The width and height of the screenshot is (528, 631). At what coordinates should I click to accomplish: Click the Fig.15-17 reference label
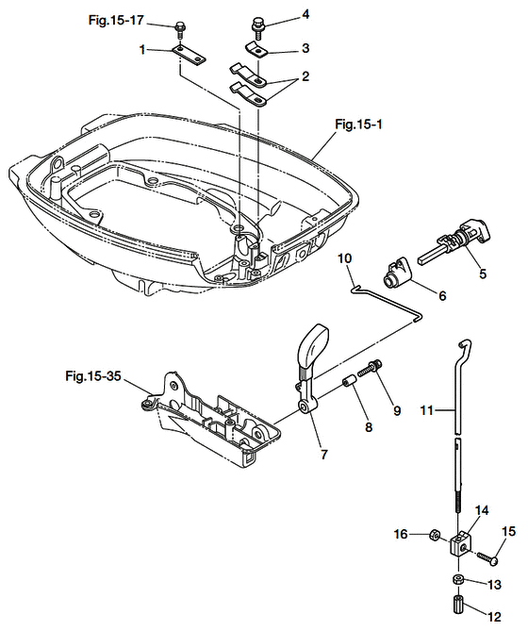(x=116, y=20)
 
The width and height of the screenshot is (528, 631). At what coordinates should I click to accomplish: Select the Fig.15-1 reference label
(x=358, y=125)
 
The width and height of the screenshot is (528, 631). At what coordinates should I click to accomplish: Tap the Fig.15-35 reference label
(x=93, y=376)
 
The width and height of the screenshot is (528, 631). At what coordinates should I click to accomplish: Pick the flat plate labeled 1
(x=189, y=55)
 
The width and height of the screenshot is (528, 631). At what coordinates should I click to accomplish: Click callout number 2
(x=305, y=75)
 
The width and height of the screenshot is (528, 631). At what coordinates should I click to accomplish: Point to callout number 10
(x=344, y=258)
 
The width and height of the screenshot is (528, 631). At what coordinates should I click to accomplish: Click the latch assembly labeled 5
(x=454, y=241)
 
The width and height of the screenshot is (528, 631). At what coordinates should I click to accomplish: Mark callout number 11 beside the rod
(x=427, y=410)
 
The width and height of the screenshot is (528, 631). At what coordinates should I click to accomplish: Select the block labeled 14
(x=460, y=543)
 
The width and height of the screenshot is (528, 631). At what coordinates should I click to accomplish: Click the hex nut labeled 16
(x=434, y=535)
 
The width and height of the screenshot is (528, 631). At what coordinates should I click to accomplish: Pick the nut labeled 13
(x=457, y=581)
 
